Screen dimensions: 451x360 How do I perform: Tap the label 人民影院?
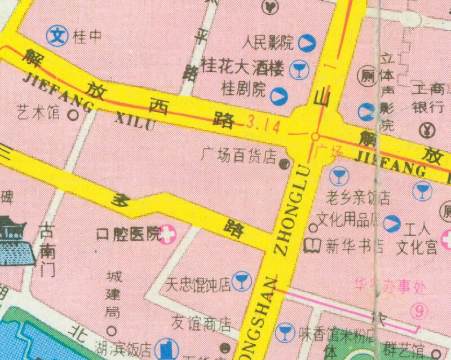267,42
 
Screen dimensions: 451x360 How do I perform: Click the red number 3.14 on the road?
263,121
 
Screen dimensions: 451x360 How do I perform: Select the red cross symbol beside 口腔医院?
167,234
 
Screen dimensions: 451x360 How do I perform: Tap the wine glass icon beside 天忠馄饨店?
242,280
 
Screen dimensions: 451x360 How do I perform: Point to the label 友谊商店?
202,323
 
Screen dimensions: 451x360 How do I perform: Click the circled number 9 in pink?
418,310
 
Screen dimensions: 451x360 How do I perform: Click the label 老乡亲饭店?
360,197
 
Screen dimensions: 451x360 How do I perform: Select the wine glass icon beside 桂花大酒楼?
297,69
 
